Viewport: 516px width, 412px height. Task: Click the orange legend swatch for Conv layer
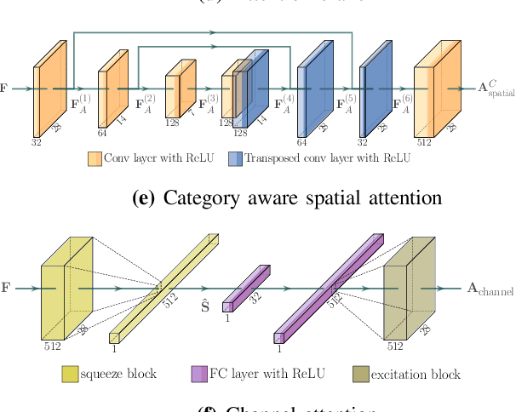pos(95,158)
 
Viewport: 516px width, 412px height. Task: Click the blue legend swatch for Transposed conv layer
pos(234,158)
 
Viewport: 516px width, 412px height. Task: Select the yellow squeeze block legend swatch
pos(71,374)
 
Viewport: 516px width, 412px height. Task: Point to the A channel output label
pos(490,290)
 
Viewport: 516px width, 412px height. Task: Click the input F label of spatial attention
pos(5,88)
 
